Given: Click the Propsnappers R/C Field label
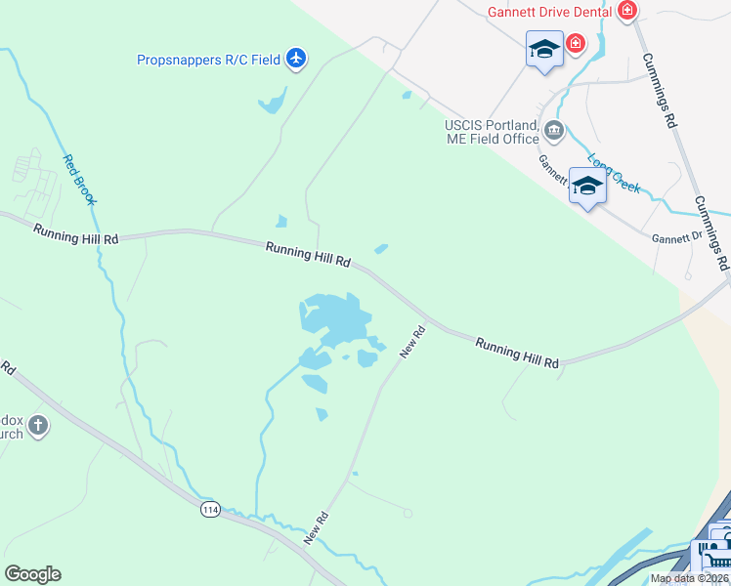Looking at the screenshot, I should (x=208, y=60).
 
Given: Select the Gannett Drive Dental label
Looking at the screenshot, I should (x=550, y=11).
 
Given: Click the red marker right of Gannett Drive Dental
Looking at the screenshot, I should (x=626, y=11).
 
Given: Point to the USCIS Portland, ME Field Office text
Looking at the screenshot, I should (x=492, y=133).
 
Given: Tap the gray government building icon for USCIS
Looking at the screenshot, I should (x=554, y=130).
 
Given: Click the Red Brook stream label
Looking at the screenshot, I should (x=79, y=180).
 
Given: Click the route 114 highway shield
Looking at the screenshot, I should (x=209, y=509).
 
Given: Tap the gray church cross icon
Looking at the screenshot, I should (x=37, y=425).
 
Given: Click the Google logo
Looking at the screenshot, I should (x=32, y=574).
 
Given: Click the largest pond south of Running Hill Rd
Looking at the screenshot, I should (x=335, y=315).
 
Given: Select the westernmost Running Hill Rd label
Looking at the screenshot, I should (x=75, y=234).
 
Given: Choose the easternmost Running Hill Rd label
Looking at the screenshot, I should (x=517, y=353).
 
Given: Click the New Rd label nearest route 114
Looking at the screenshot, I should (x=316, y=527).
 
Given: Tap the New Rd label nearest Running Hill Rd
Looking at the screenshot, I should (x=413, y=342).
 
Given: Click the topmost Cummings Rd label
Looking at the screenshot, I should (x=660, y=89).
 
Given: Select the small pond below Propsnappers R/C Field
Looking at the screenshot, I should (x=272, y=102).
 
